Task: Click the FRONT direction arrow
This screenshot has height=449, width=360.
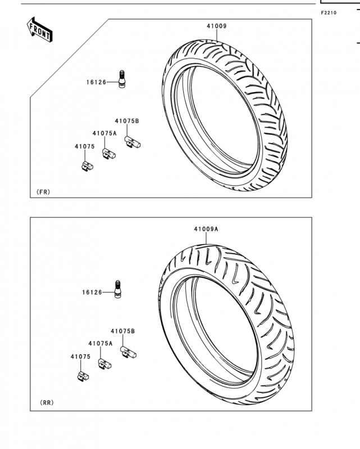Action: click(39, 30)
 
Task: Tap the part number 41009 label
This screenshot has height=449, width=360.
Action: click(217, 26)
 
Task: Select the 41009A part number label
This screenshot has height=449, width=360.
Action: click(206, 229)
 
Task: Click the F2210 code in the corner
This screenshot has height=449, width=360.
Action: click(329, 13)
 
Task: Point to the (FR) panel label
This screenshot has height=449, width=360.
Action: click(43, 192)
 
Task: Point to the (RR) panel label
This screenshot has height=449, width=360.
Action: click(47, 402)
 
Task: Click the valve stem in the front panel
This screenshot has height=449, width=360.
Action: click(122, 79)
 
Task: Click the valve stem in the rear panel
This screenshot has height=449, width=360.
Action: click(117, 289)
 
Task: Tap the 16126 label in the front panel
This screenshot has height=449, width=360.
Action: click(96, 82)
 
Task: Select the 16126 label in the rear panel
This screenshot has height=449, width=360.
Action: click(92, 292)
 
